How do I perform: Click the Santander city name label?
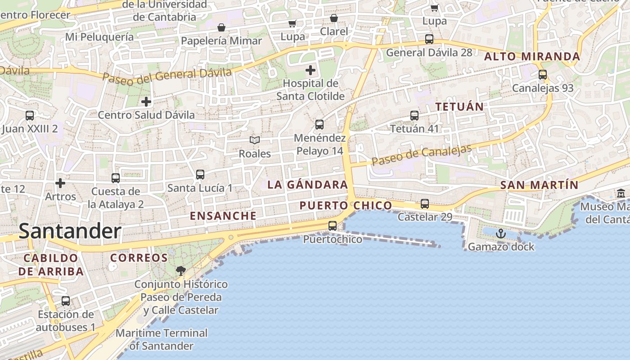[70, 231]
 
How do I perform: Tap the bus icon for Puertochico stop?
[333, 226]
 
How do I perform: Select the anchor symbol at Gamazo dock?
[500, 234]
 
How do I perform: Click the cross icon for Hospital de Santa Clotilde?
[310, 70]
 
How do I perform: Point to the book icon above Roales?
[255, 140]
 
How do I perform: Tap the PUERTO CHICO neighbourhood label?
[346, 206]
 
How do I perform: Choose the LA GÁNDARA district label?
[308, 184]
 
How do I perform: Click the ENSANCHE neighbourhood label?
[223, 216]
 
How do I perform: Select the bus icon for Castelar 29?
[425, 204]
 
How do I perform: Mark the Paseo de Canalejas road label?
[422, 155]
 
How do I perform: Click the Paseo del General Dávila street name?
[167, 76]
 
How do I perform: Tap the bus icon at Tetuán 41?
[414, 116]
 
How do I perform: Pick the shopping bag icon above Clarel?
[334, 18]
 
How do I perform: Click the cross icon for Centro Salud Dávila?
[146, 102]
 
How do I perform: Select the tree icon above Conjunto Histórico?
[181, 271]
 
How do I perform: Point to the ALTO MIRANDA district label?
[532, 57]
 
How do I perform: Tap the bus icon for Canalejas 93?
[543, 75]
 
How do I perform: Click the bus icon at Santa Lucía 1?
[200, 174]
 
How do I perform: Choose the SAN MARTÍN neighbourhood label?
[539, 185]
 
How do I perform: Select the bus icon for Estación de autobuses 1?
[66, 301]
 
